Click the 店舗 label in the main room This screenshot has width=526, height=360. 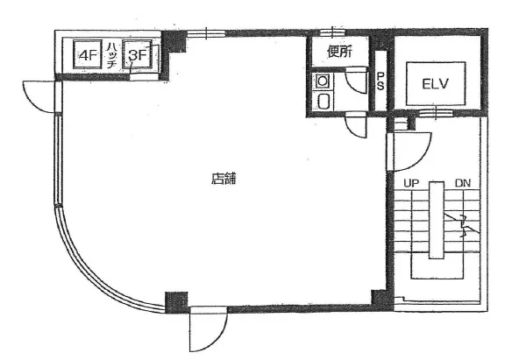(224, 179)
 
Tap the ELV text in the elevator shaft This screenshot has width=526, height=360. (435, 84)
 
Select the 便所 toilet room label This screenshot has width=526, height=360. (340, 52)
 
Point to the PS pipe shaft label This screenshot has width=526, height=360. (380, 81)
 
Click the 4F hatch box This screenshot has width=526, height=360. (87, 54)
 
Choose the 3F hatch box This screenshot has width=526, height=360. (137, 54)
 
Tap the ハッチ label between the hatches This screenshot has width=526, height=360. (111, 55)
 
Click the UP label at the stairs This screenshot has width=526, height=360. (411, 183)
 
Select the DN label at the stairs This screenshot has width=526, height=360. (463, 183)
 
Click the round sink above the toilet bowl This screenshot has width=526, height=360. (323, 81)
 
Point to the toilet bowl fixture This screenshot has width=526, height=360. (323, 101)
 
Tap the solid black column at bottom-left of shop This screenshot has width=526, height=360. (176, 302)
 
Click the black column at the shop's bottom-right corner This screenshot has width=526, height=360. (382, 299)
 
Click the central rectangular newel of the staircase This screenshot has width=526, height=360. (437, 220)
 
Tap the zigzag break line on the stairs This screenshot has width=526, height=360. (462, 224)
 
